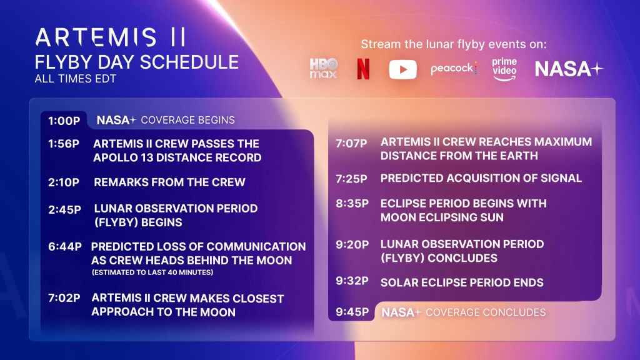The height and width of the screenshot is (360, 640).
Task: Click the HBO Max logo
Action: (323, 69)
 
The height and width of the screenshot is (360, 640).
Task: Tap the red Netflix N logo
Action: (363, 69)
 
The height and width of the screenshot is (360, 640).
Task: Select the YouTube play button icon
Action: (402, 69)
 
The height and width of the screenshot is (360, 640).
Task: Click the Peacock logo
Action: (454, 69)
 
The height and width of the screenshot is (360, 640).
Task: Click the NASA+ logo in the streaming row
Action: (569, 69)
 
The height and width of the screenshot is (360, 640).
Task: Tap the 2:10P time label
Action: (64, 182)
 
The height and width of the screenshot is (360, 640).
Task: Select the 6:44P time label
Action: (65, 246)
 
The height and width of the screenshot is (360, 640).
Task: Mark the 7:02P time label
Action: (64, 298)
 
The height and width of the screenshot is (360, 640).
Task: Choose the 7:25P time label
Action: (352, 179)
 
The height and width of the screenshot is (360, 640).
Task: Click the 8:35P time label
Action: (352, 204)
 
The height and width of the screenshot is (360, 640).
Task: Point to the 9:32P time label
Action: (352, 281)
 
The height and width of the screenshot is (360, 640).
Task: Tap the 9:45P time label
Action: (352, 312)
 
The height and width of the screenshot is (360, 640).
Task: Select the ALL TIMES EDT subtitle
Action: (75, 79)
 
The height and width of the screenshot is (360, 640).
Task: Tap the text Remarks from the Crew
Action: (169, 182)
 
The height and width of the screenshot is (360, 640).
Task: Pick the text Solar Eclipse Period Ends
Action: (462, 282)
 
